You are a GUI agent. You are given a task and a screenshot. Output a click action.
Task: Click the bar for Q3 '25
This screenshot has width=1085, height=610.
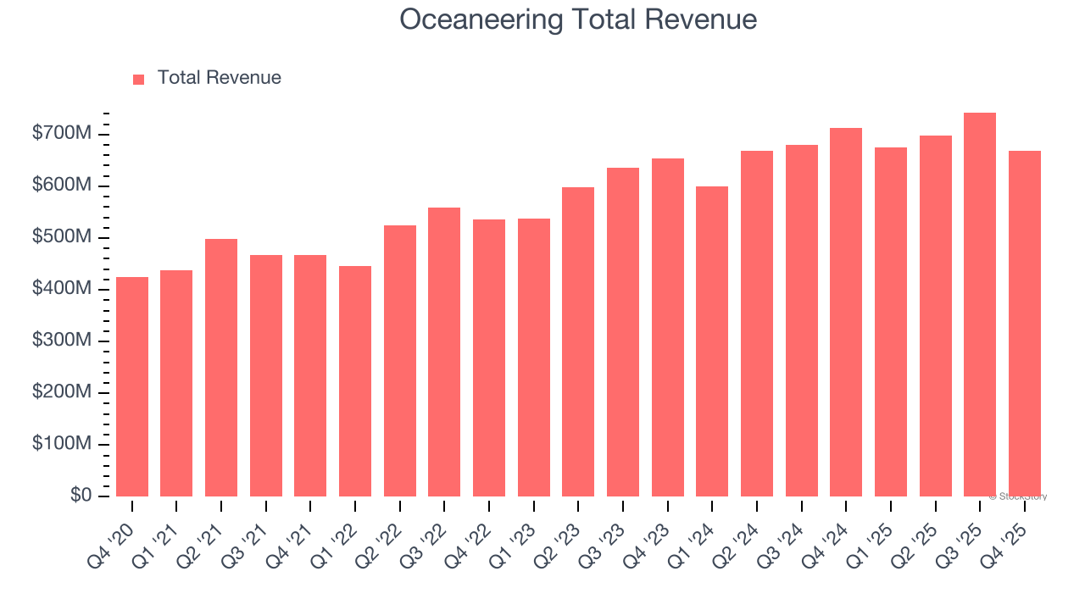[979, 304]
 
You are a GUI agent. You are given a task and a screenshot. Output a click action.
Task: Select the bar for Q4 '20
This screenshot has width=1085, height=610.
[132, 386]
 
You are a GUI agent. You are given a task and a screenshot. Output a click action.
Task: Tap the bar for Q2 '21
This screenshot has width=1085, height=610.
[221, 368]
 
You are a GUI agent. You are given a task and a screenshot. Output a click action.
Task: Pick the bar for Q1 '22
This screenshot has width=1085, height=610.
[355, 381]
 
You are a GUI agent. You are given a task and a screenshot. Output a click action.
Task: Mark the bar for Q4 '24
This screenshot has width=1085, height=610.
[846, 312]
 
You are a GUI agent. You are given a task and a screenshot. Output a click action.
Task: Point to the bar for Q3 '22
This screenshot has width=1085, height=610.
[444, 352]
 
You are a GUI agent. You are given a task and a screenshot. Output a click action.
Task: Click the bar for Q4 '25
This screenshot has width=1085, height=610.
[1024, 324]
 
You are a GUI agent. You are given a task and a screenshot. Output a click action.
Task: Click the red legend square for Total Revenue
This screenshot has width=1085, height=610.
[139, 79]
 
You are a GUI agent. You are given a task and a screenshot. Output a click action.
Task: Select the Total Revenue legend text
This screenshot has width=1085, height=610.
[219, 78]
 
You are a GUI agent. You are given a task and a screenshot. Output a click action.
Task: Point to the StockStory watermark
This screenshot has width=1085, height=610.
[1017, 496]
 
